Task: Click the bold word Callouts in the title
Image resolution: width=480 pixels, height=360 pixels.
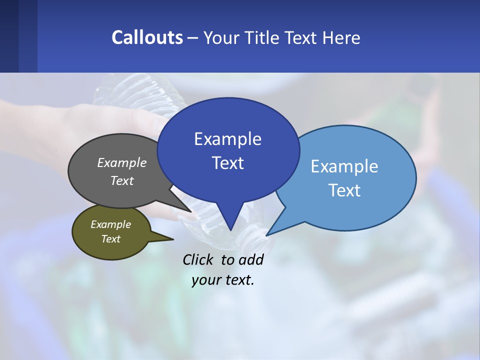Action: click(147, 37)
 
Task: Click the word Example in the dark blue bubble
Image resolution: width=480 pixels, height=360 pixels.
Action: click(227, 139)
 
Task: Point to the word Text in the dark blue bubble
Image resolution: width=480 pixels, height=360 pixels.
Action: click(227, 163)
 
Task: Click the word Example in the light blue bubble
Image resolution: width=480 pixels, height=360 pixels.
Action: click(344, 166)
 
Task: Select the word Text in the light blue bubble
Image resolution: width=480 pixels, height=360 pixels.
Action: click(344, 190)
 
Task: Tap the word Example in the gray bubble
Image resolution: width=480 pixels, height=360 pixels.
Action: click(122, 162)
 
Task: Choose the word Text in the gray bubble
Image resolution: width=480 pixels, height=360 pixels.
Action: click(122, 180)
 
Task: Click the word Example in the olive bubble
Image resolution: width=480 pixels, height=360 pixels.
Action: click(110, 224)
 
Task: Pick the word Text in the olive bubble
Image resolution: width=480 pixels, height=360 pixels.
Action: click(110, 239)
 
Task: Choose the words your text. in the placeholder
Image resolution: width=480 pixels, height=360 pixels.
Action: click(223, 280)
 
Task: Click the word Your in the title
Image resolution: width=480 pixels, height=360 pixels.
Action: click(222, 37)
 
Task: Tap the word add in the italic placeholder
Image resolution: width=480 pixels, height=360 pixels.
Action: click(251, 259)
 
